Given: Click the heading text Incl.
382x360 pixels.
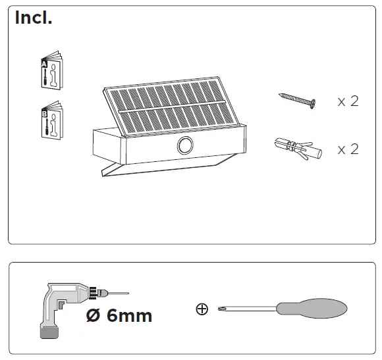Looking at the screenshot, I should [34, 18].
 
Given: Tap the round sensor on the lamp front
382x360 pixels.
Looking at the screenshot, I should [185, 145].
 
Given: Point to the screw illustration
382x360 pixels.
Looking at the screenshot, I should [298, 100].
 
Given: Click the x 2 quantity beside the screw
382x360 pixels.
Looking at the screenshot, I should [348, 101].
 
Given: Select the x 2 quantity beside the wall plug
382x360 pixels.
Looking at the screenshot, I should [348, 149].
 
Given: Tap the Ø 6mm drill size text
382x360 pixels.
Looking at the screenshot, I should [119, 316].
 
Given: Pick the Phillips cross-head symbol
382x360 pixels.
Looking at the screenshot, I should [202, 308].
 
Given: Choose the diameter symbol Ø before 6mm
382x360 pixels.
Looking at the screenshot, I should [94, 316].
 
